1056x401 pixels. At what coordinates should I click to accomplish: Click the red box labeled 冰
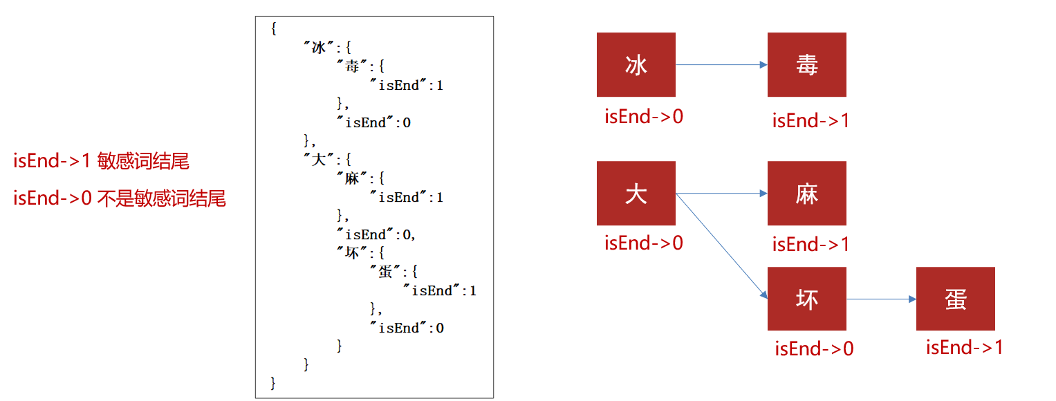coord(636,64)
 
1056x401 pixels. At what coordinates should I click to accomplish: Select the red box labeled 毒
coord(806,64)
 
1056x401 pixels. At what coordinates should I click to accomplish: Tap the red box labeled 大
coord(636,193)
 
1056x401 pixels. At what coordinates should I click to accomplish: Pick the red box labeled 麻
coord(806,193)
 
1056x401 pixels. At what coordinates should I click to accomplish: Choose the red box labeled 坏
coord(806,299)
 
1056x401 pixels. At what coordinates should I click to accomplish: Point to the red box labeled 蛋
coord(955,299)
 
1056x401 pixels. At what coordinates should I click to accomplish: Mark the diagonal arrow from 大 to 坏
coord(721,245)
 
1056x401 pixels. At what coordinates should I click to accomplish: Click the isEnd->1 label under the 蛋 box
coord(964,347)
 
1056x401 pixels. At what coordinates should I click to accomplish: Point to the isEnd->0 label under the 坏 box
coord(814,348)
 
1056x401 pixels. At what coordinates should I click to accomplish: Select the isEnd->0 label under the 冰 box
coord(644,116)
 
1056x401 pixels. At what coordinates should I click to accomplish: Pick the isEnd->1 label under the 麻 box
coord(810,244)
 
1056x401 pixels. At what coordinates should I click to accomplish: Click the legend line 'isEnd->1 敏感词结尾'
coord(101,162)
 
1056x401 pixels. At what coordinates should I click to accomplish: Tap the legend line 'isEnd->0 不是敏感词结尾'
coord(120,199)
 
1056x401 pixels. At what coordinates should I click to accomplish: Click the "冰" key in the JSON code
coord(318,48)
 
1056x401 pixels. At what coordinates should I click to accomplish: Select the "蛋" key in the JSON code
coord(385,272)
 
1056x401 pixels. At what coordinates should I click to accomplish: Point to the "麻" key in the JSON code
coord(352,178)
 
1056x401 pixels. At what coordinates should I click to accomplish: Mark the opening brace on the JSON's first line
coord(274,29)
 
